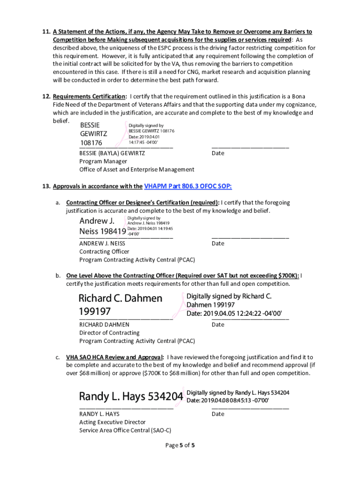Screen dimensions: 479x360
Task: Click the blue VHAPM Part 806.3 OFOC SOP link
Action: point(188,186)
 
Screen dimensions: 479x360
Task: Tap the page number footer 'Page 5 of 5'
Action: point(180,445)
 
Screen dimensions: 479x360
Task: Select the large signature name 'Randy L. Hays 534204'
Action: point(131,397)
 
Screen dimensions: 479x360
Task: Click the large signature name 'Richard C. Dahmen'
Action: point(120,298)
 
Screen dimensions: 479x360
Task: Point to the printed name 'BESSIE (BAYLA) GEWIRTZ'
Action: point(112,153)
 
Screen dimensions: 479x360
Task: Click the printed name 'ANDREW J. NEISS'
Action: point(102,243)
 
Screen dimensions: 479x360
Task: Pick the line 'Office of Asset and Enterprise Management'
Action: point(137,169)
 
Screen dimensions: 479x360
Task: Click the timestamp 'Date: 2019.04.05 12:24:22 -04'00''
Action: point(234,313)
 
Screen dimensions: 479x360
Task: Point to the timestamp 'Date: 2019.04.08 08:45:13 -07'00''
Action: point(228,400)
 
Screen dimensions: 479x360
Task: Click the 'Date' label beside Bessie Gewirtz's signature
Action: point(218,153)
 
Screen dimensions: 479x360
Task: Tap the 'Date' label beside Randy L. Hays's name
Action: point(218,414)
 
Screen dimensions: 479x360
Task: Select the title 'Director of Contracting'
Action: point(109,333)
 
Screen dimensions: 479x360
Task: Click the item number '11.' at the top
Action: point(46,32)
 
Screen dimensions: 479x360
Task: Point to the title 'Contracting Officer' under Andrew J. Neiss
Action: point(104,252)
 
